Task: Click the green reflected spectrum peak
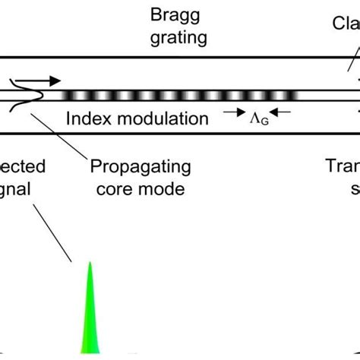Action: point(90,319)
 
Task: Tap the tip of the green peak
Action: point(90,263)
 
